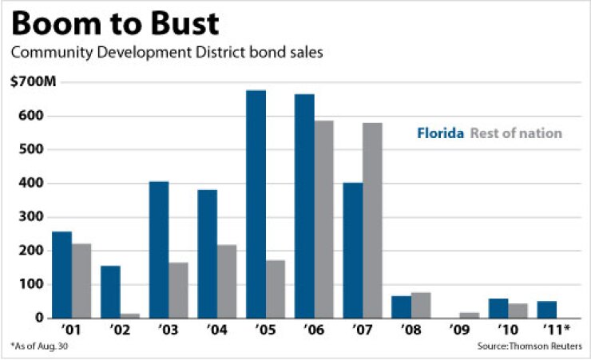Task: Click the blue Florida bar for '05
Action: click(x=256, y=204)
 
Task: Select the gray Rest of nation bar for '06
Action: click(x=323, y=220)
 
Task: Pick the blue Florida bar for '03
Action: click(x=159, y=250)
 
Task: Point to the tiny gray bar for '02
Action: click(x=129, y=315)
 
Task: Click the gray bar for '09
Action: click(x=470, y=315)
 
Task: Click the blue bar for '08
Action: click(x=401, y=307)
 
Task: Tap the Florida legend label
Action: click(x=440, y=133)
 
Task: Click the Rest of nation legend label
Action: click(x=517, y=133)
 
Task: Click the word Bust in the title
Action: click(x=178, y=24)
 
